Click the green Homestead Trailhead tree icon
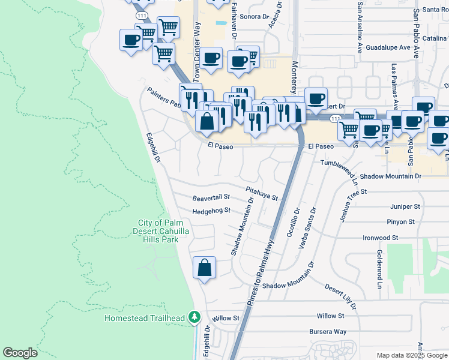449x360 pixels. [194, 316]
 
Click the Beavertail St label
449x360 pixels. [211, 197]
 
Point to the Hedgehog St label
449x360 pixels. [211, 211]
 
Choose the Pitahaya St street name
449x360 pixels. [262, 193]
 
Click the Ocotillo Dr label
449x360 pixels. [294, 223]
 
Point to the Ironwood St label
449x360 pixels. [381, 238]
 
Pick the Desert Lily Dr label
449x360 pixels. [341, 297]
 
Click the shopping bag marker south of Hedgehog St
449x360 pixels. [204, 268]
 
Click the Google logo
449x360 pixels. [20, 353]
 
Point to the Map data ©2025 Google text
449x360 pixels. [411, 355]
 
